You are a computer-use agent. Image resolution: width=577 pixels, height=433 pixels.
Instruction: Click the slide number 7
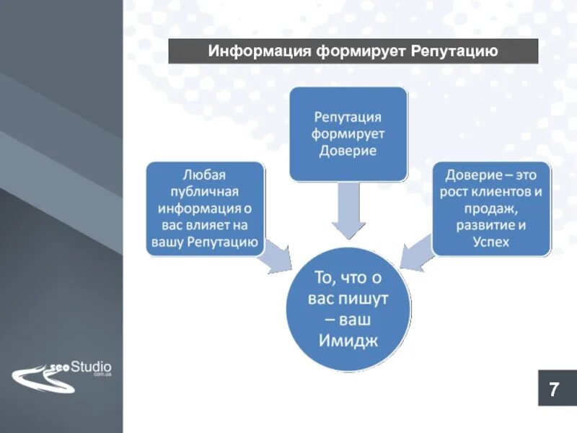(554, 390)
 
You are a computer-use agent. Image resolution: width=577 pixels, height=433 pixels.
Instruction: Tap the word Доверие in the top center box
(348, 152)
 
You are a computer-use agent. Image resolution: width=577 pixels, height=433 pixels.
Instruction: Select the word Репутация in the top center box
(348, 116)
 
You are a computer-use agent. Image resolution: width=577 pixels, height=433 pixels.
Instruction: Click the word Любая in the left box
(205, 174)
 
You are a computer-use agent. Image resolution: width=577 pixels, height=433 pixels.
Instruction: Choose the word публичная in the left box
(205, 191)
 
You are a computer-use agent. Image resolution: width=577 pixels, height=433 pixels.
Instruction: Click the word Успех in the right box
(491, 242)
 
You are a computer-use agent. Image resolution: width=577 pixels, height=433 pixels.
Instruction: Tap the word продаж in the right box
(491, 209)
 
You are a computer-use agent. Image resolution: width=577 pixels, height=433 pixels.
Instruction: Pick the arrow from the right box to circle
(417, 256)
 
